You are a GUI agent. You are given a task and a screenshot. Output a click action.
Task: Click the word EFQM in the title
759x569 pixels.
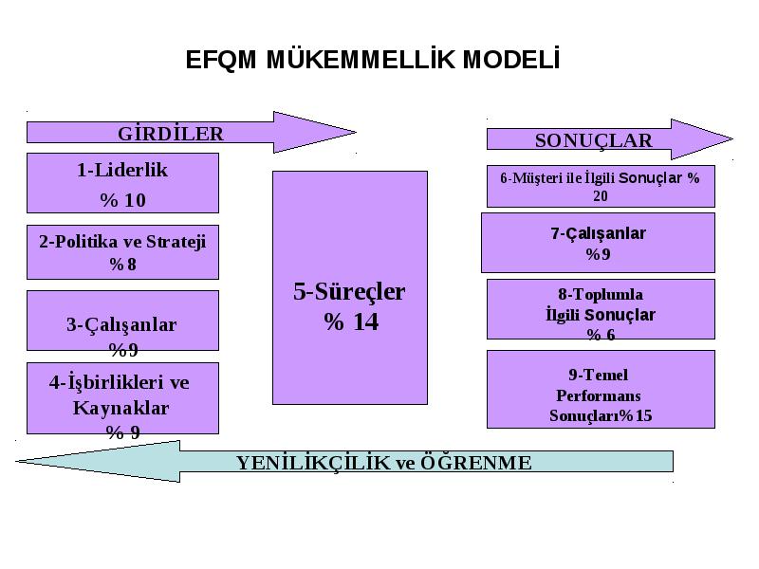point(221,60)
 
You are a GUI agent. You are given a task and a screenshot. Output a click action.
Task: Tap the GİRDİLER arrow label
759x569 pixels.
point(171,134)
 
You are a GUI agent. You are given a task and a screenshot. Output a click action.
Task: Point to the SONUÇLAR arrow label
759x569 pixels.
point(594,140)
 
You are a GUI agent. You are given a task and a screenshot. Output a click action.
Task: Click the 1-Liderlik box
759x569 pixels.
point(122,183)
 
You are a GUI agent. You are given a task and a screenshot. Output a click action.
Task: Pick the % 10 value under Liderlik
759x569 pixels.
point(123,200)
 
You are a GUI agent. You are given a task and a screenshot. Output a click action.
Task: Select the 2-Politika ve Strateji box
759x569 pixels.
point(122,252)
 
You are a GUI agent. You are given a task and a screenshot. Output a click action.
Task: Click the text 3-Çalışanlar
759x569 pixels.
point(121,324)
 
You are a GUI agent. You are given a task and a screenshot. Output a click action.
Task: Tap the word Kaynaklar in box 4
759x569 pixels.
point(121,408)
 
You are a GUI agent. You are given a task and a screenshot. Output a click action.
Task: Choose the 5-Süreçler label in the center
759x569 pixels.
point(349,291)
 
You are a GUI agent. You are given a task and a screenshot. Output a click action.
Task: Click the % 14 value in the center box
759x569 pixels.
point(351,321)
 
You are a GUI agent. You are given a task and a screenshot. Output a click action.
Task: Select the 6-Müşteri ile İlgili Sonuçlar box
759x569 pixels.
point(601,186)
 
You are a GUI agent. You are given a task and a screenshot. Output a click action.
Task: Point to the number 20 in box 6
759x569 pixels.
point(601,196)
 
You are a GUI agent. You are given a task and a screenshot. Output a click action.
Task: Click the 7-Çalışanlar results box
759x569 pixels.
point(598,243)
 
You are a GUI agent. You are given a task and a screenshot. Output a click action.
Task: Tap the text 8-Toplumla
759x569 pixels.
point(601,294)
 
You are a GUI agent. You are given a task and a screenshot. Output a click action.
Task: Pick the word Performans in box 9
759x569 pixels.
point(599,395)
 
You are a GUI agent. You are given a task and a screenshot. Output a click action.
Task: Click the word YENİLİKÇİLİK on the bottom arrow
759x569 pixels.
point(313,462)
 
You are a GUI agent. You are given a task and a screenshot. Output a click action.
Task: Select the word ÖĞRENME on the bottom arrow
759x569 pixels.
point(476,462)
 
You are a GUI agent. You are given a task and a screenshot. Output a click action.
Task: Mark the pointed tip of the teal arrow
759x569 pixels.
point(16,461)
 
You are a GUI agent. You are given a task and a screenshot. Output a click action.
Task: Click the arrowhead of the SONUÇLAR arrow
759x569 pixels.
point(702,139)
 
